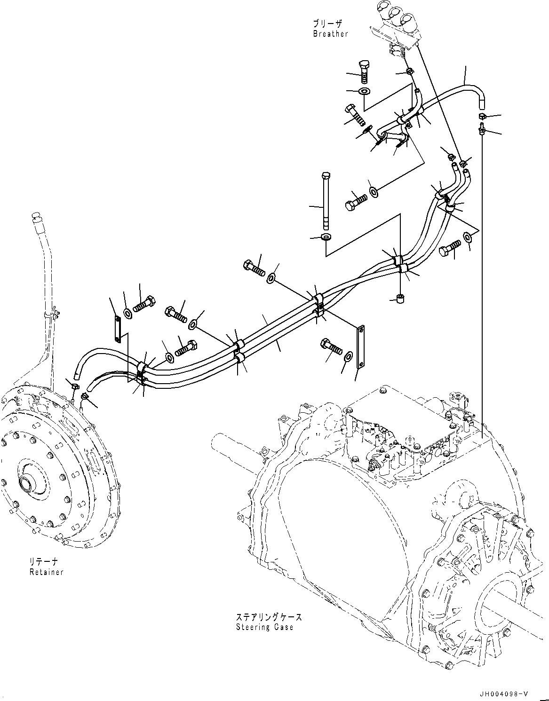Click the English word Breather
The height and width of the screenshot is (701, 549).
click(330, 34)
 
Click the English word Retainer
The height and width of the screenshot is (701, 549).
click(46, 572)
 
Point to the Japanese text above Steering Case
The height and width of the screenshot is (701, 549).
click(269, 617)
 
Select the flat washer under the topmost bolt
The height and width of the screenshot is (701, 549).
click(365, 91)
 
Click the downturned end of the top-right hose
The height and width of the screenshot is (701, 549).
click(482, 100)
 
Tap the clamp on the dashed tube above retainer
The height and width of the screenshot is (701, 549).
click(50, 314)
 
